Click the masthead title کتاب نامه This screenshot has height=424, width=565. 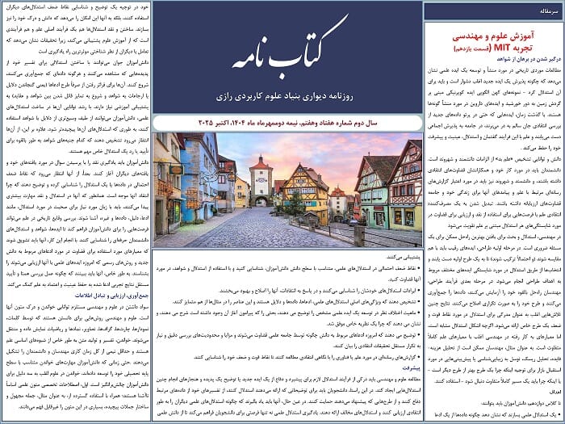[x=287, y=55]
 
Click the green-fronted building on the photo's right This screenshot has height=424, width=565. [x=375, y=194]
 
